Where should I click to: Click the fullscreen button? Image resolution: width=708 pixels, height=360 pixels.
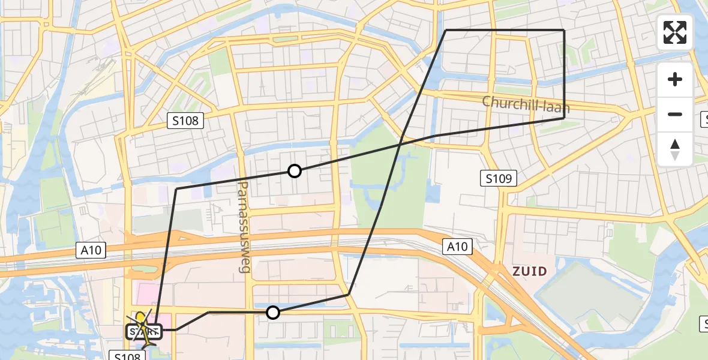(x=675, y=32)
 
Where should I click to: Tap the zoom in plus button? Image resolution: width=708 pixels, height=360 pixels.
(x=675, y=79)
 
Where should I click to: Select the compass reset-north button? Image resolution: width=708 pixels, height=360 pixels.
(x=675, y=149)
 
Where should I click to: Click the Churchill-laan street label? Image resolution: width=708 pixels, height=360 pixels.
(x=526, y=104)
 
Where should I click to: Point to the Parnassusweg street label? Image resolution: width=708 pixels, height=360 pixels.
(x=244, y=227)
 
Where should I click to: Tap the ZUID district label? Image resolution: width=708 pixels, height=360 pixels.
(x=530, y=271)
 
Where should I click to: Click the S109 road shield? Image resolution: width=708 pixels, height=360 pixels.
(x=499, y=178)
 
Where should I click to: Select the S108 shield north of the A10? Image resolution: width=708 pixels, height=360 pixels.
(x=186, y=121)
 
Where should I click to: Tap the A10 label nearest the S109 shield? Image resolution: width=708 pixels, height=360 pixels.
(x=458, y=246)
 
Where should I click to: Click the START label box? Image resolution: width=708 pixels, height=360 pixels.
(x=144, y=331)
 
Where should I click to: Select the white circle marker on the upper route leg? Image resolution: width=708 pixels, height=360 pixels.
(x=295, y=171)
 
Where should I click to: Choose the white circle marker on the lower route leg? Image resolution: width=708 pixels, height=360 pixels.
(x=273, y=312)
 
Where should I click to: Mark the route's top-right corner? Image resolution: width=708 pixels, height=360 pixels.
(x=564, y=30)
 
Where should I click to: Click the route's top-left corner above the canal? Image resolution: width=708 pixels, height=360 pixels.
(x=446, y=30)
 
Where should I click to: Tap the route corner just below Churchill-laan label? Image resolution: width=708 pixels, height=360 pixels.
(x=564, y=118)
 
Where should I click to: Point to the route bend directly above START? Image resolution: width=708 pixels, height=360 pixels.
(x=176, y=189)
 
